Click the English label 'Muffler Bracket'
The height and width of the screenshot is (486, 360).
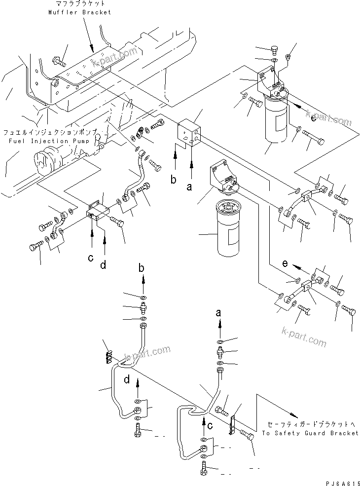pyautogui.click(x=79, y=12)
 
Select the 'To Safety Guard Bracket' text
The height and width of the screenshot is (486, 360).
pyautogui.click(x=310, y=433)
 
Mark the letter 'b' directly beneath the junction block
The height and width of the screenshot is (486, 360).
pyautogui.click(x=173, y=180)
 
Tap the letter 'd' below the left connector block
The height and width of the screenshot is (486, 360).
pyautogui.click(x=104, y=265)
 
